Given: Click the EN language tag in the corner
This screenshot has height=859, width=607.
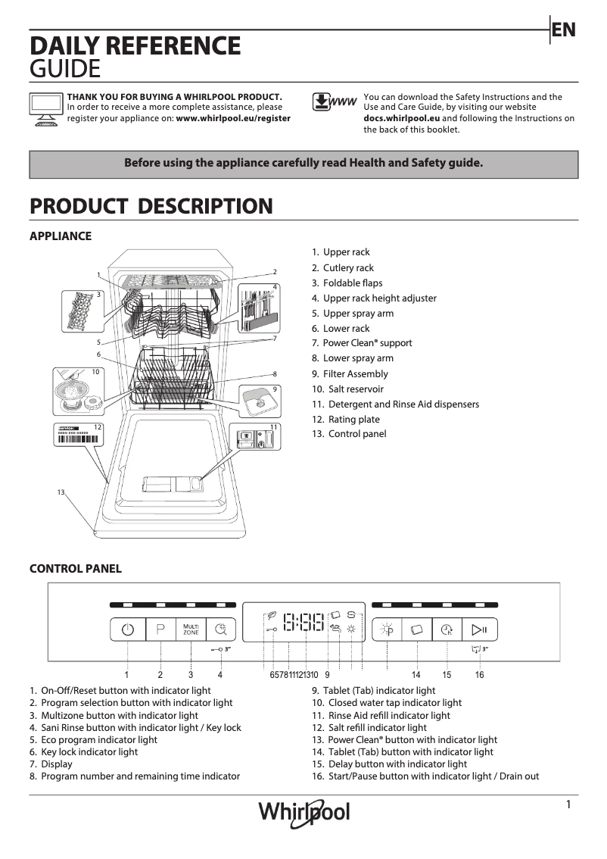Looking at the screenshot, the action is [564, 30].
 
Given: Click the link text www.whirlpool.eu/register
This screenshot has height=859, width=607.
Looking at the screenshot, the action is [233, 119].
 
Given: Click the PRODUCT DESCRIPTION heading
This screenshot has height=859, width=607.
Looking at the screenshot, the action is [151, 206].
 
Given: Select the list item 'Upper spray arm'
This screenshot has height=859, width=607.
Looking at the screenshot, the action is [358, 314].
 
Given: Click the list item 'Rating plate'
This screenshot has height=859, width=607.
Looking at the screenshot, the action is [353, 420].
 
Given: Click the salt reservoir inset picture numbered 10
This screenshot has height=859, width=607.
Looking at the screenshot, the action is [76, 391].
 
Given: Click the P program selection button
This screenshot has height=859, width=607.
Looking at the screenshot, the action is [160, 629].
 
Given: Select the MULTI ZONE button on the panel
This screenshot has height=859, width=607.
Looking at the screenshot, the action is [191, 629].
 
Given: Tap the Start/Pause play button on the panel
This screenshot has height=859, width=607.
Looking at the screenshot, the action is [479, 629].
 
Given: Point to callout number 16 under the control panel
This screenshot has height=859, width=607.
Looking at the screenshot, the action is [479, 674].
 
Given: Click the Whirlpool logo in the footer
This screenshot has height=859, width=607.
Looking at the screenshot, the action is [304, 812].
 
